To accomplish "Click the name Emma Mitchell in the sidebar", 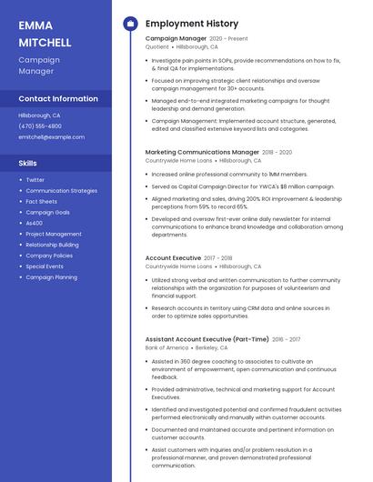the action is (x=45, y=34).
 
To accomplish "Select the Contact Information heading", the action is (x=58, y=98).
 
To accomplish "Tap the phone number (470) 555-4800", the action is (x=40, y=126).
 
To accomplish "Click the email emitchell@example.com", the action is (x=51, y=137).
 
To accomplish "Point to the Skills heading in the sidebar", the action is (x=28, y=163).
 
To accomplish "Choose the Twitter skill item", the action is (x=35, y=180).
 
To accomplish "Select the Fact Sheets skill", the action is (x=42, y=201).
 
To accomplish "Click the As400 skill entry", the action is (x=34, y=223).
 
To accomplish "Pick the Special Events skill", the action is (x=45, y=266).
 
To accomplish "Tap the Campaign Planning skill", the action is (x=51, y=277).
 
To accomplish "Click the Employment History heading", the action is (x=192, y=24).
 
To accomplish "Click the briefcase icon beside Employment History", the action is (x=130, y=24).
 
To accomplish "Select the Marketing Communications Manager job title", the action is (x=202, y=152).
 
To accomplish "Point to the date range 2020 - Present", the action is (x=228, y=39).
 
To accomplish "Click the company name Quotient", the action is (x=156, y=46).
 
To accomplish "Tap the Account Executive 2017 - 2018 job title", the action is (x=173, y=258).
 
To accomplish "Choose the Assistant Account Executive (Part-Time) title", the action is (x=207, y=339).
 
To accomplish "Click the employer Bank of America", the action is (x=166, y=347).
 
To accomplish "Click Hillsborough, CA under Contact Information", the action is (x=39, y=115).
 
